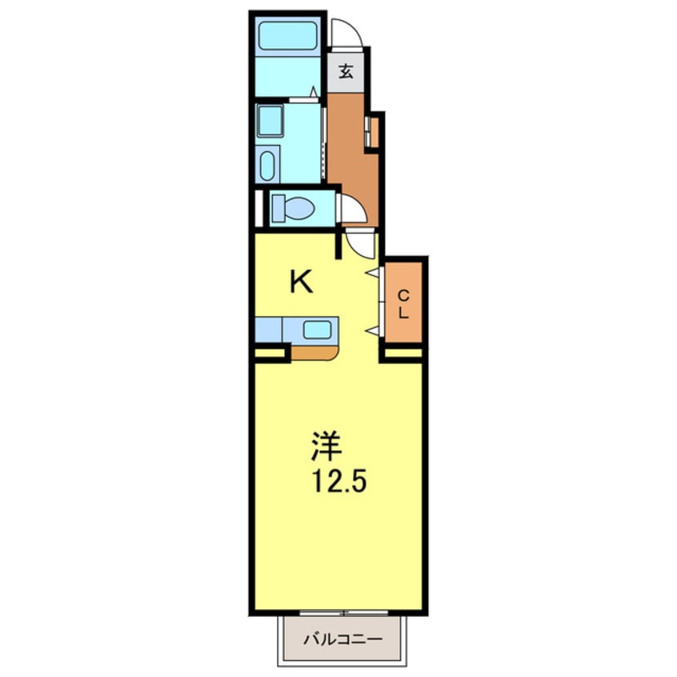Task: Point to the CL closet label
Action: (x=403, y=303)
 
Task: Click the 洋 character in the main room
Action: (x=323, y=445)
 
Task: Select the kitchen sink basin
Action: (x=318, y=329)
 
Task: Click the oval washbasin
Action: (x=268, y=166)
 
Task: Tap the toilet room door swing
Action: (x=353, y=210)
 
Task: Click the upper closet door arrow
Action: (x=372, y=273)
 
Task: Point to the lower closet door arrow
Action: (x=372, y=330)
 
